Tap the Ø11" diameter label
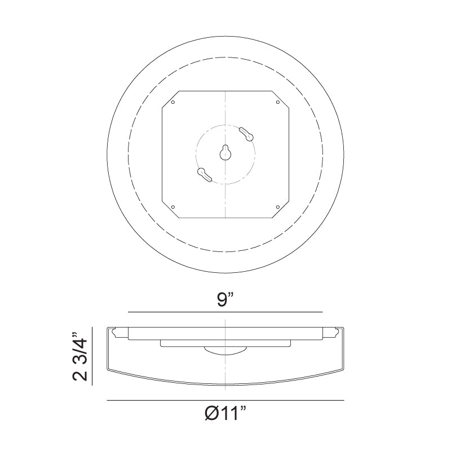point(225,414)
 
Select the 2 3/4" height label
point(79,357)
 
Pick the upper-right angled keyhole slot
point(246,134)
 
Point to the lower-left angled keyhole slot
point(205,175)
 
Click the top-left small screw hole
point(173,102)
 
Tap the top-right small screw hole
point(278,102)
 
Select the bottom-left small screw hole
point(173,207)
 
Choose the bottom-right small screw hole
point(278,207)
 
